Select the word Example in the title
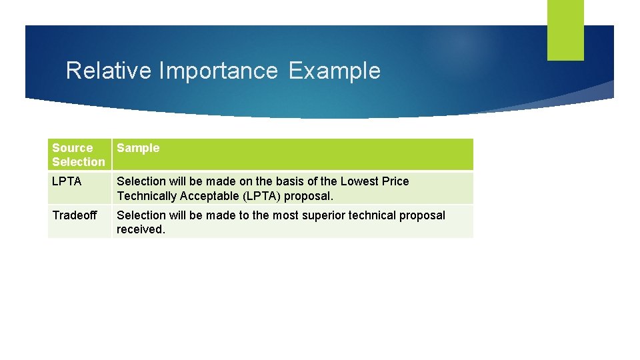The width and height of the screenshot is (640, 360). (334, 71)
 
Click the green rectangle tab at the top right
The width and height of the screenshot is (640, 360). (565, 30)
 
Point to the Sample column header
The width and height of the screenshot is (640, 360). (138, 148)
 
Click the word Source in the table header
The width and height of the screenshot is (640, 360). (73, 148)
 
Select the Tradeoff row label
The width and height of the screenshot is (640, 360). (74, 215)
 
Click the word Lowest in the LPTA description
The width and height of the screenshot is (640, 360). (359, 181)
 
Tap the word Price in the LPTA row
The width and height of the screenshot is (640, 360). (395, 181)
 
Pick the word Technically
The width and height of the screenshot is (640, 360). (145, 196)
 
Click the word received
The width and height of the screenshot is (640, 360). (140, 229)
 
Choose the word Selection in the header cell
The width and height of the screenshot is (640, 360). (79, 162)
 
